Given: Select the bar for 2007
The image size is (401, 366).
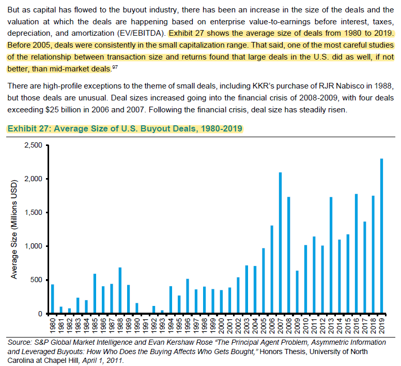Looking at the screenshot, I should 280,243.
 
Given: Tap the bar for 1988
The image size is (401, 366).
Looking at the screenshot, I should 120,290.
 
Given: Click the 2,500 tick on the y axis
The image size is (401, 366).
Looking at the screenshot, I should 33,145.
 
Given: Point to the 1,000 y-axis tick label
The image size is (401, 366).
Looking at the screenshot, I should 33,246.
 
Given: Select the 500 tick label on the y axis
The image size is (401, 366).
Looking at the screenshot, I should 36,280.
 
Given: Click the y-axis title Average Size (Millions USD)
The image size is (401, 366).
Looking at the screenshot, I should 14,229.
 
